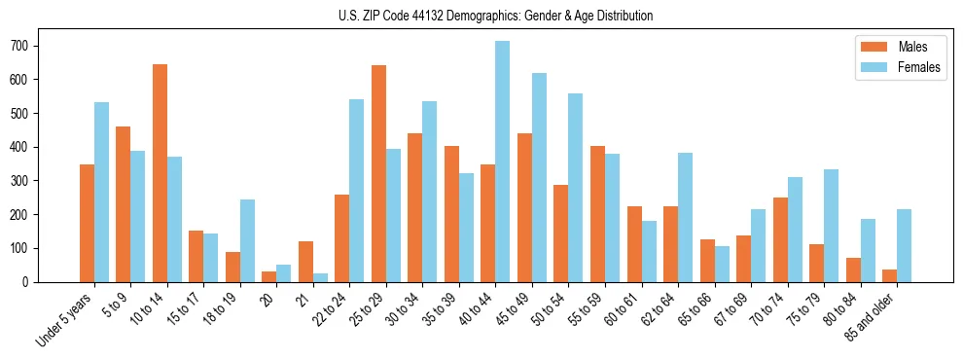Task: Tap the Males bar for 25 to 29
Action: [378, 174]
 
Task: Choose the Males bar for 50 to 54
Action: [561, 234]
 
